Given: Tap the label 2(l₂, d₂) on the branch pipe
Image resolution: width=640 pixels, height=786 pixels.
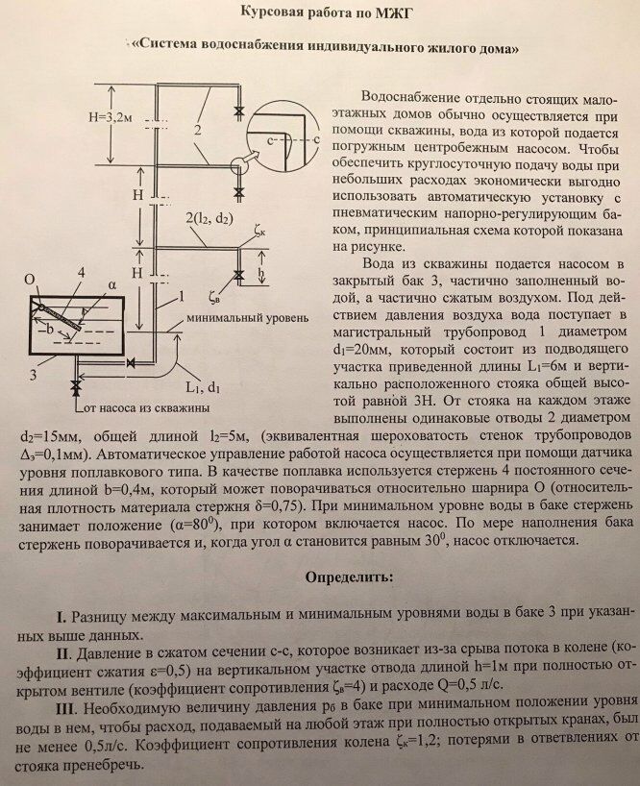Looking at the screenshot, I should click(210, 220).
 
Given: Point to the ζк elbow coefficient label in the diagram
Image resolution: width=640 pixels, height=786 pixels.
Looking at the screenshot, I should click(261, 231).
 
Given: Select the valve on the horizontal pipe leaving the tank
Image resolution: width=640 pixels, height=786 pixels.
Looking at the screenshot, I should click(130, 362).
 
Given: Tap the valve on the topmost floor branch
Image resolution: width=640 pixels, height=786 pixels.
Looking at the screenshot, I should click(238, 113).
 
